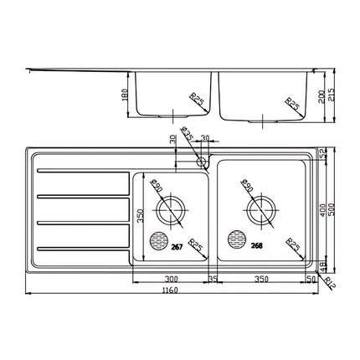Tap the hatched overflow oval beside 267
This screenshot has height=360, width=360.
point(157,241)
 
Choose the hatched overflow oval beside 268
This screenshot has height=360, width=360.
point(237,243)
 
